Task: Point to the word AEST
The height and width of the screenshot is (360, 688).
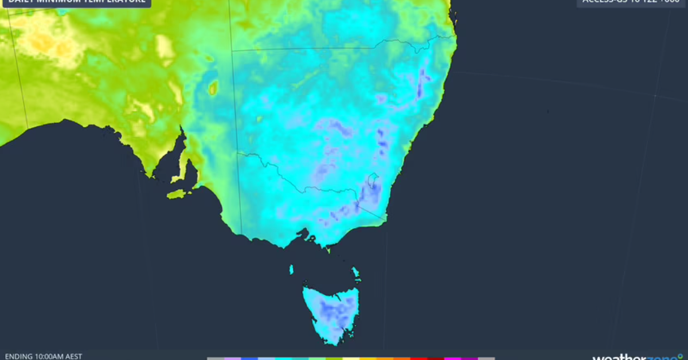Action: [74, 356]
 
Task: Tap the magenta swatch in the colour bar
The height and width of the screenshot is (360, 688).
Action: [452, 358]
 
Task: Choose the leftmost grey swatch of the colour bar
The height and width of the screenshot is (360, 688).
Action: [216, 358]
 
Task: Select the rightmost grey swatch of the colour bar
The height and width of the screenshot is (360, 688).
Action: [486, 358]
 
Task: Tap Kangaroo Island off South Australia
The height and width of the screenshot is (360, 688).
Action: [179, 194]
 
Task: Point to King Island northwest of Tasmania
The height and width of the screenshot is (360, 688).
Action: [291, 269]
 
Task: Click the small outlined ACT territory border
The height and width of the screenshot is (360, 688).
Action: [373, 181]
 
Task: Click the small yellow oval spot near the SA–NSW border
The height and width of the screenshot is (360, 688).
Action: [213, 88]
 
